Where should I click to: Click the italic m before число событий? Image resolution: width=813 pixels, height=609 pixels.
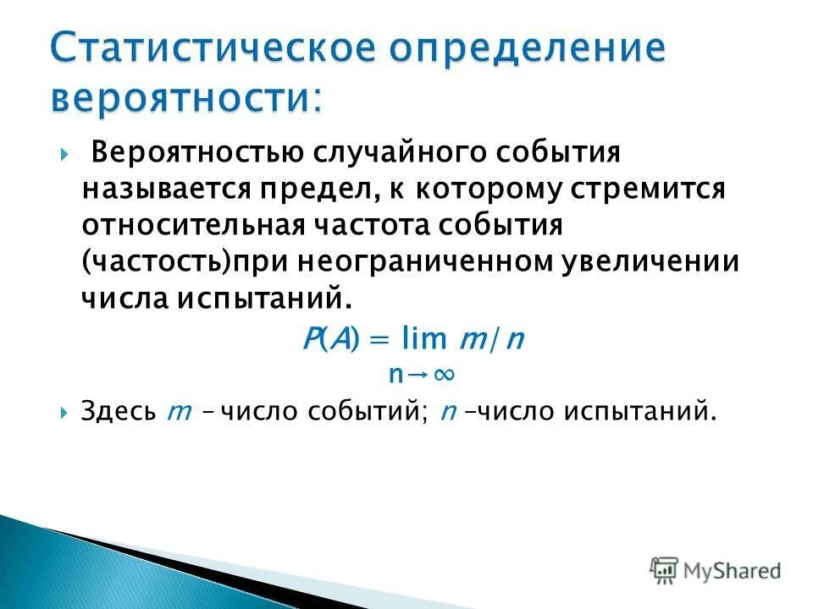(178, 413)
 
